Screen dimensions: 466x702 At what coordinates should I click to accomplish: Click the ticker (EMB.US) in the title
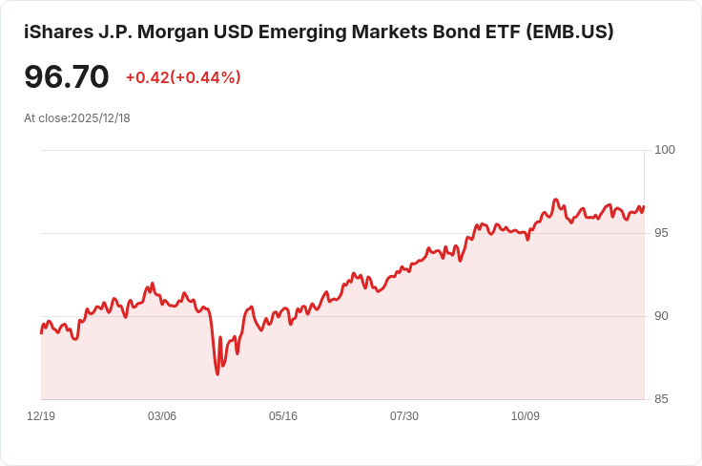click(x=569, y=32)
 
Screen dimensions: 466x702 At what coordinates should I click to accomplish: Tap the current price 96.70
click(x=67, y=77)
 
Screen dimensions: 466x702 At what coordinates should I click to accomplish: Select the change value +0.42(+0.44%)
click(x=183, y=77)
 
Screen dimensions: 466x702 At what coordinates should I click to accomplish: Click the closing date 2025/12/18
click(x=100, y=118)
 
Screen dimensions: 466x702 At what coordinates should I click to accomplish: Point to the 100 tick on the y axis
click(x=665, y=150)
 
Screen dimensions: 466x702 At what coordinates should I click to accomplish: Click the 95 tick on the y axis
click(x=661, y=233)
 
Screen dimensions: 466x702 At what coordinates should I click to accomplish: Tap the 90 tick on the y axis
click(x=661, y=316)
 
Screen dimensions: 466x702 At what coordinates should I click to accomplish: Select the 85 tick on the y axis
click(x=661, y=399)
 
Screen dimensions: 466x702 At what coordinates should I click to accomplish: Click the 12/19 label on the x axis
click(x=41, y=416)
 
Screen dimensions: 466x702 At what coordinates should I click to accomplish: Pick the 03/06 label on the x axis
click(x=162, y=416)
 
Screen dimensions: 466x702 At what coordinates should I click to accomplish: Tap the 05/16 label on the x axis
click(x=283, y=416)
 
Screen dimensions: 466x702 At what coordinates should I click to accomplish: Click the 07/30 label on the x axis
click(x=404, y=416)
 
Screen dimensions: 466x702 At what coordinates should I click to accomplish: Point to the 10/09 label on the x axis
click(x=526, y=416)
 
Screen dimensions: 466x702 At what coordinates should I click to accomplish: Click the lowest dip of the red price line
click(x=217, y=373)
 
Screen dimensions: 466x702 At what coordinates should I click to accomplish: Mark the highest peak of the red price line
click(x=555, y=200)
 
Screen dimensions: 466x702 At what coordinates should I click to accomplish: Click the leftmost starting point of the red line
click(x=41, y=332)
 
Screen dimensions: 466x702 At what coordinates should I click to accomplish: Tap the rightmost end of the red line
click(x=644, y=207)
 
